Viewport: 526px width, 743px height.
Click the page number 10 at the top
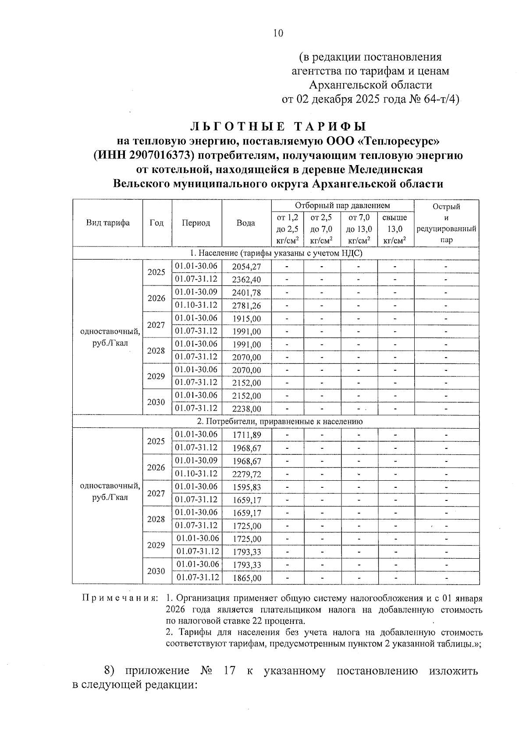tap(278, 33)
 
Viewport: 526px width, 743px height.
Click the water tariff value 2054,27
tap(246, 267)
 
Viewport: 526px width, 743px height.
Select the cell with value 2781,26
tap(246, 306)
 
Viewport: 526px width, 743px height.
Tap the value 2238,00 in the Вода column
tap(246, 409)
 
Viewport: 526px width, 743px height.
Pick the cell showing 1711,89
tap(247, 435)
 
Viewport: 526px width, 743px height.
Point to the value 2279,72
tap(246, 474)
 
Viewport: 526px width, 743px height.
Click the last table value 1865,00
tap(247, 578)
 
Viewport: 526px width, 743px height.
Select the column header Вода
tap(246, 223)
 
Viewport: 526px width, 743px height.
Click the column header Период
tap(196, 223)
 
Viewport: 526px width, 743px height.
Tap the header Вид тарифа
tap(107, 223)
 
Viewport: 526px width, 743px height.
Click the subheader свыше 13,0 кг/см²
tap(394, 229)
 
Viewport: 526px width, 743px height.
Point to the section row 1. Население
tap(276, 253)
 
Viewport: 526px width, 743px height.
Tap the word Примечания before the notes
tap(120, 599)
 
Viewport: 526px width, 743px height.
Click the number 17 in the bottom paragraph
tap(230, 671)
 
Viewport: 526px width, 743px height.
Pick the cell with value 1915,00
tap(247, 319)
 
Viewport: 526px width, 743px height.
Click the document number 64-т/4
tap(440, 99)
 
